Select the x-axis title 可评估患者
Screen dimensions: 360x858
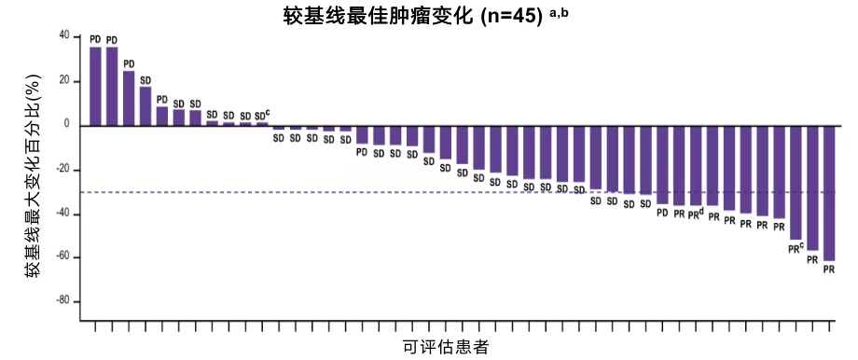pos(446,347)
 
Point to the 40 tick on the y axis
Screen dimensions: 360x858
pos(63,36)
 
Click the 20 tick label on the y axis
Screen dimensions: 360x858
pos(63,80)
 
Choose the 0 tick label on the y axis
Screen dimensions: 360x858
pos(66,125)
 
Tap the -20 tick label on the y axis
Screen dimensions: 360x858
pos(62,169)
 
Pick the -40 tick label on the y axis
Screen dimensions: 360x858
pos(62,214)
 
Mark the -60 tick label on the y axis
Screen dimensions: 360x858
pos(62,256)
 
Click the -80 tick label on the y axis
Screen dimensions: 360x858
pos(62,301)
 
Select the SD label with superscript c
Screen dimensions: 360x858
pos(262,115)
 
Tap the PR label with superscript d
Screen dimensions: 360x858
pos(696,213)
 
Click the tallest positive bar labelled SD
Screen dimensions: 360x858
pos(145,105)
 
